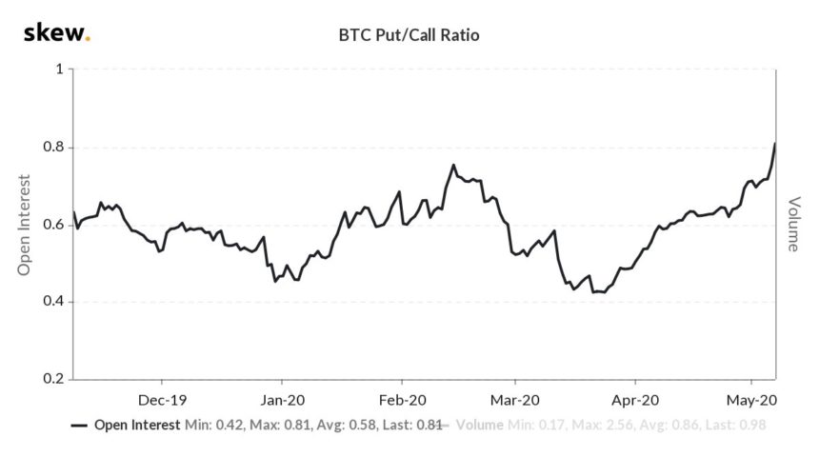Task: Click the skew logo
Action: pos(56,35)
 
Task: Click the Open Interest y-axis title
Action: pos(25,225)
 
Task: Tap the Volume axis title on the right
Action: pos(793,225)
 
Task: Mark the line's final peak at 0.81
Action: pos(775,144)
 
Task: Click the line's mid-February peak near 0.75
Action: pos(453,166)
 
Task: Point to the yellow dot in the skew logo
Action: pos(90,41)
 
